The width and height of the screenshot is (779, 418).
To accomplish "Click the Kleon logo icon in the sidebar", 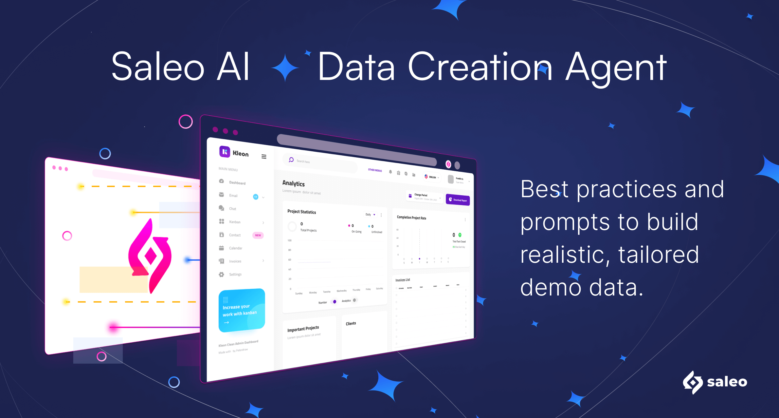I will pyautogui.click(x=225, y=152).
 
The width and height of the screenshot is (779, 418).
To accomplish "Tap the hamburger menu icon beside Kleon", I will pyautogui.click(x=264, y=157).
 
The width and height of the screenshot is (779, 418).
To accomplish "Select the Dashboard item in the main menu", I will pyautogui.click(x=237, y=183).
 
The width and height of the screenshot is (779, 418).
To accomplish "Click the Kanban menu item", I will pyautogui.click(x=235, y=222).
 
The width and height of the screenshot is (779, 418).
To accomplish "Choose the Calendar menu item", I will pyautogui.click(x=236, y=248).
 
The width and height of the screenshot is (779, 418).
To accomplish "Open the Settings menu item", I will pyautogui.click(x=235, y=275).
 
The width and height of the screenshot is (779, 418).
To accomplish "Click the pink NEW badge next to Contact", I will pyautogui.click(x=258, y=235).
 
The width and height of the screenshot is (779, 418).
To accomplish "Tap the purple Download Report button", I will pyautogui.click(x=458, y=200).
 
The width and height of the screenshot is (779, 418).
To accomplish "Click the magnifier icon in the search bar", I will pyautogui.click(x=291, y=160).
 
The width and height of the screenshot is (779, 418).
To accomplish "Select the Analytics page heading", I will pyautogui.click(x=293, y=183).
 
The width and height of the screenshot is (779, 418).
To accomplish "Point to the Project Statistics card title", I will pyautogui.click(x=301, y=212).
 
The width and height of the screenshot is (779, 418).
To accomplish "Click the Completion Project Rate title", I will pyautogui.click(x=411, y=218).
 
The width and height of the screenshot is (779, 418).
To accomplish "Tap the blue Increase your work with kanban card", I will pyautogui.click(x=242, y=310).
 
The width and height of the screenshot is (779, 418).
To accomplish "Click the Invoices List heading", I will pyautogui.click(x=403, y=280).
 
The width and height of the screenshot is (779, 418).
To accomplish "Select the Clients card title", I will pyautogui.click(x=351, y=324).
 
